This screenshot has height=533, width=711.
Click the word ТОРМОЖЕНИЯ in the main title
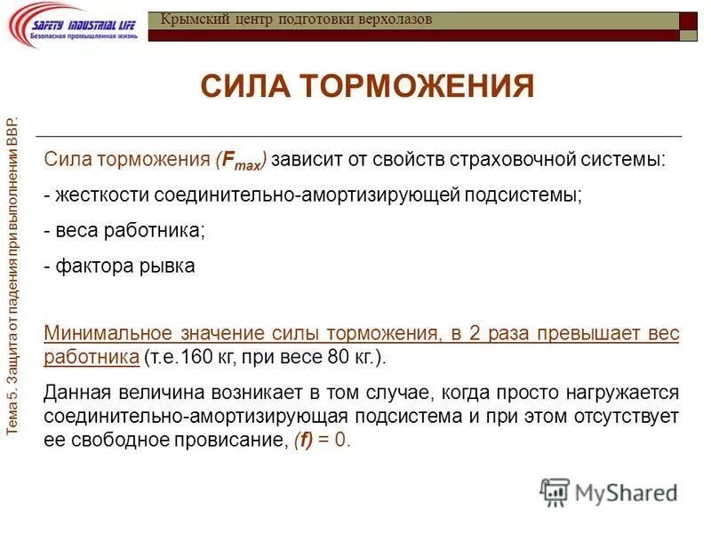[x=417, y=87]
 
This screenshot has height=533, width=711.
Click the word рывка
[x=169, y=266]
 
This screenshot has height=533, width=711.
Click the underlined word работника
[x=90, y=357]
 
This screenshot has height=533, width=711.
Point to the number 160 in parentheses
[x=193, y=357]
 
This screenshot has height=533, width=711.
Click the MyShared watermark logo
[x=609, y=492]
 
